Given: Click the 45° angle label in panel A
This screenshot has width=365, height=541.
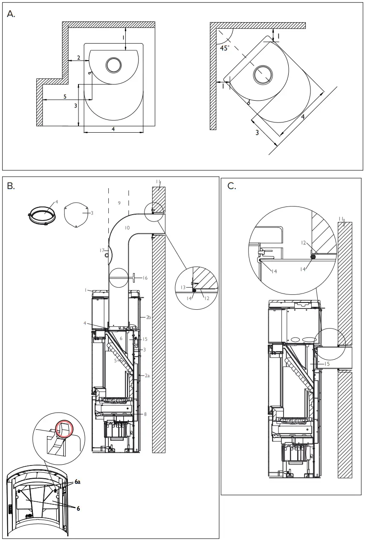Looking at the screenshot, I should pyautogui.click(x=224, y=48).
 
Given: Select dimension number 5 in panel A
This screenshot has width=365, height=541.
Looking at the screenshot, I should pyautogui.click(x=65, y=97).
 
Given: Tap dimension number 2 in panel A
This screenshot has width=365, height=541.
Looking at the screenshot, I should pyautogui.click(x=78, y=57).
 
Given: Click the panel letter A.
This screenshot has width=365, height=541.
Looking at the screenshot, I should pyautogui.click(x=12, y=14).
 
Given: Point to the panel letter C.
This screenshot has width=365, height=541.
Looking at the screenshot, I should pyautogui.click(x=232, y=186).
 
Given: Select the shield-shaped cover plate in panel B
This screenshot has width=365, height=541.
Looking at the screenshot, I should pyautogui.click(x=76, y=215).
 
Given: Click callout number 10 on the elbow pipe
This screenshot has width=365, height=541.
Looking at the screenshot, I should pyautogui.click(x=127, y=228).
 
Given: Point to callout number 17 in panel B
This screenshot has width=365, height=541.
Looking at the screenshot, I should pyautogui.click(x=102, y=250).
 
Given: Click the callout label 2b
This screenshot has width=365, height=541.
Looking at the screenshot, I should pyautogui.click(x=148, y=317).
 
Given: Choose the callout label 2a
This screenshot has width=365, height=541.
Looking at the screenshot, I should pyautogui.click(x=147, y=375).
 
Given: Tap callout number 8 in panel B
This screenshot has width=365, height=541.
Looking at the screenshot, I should pyautogui.click(x=145, y=414).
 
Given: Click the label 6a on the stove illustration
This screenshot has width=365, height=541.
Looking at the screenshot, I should pyautogui.click(x=77, y=481).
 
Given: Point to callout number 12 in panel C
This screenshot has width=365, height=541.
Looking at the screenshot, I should pyautogui.click(x=304, y=243).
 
